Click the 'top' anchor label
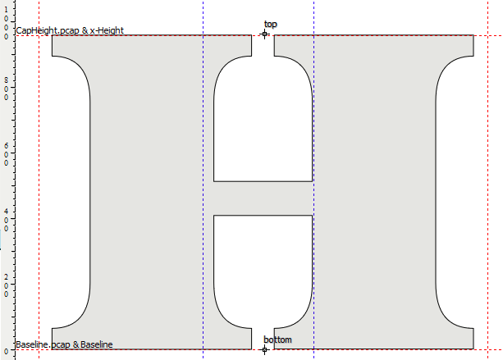click(271, 25)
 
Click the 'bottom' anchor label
click(278, 339)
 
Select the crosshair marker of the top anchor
click(264, 34)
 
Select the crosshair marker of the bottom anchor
click(264, 349)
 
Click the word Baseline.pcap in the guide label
click(43, 344)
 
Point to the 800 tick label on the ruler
click(6, 89)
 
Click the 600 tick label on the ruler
click(6, 154)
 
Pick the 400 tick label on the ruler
click(6, 220)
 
